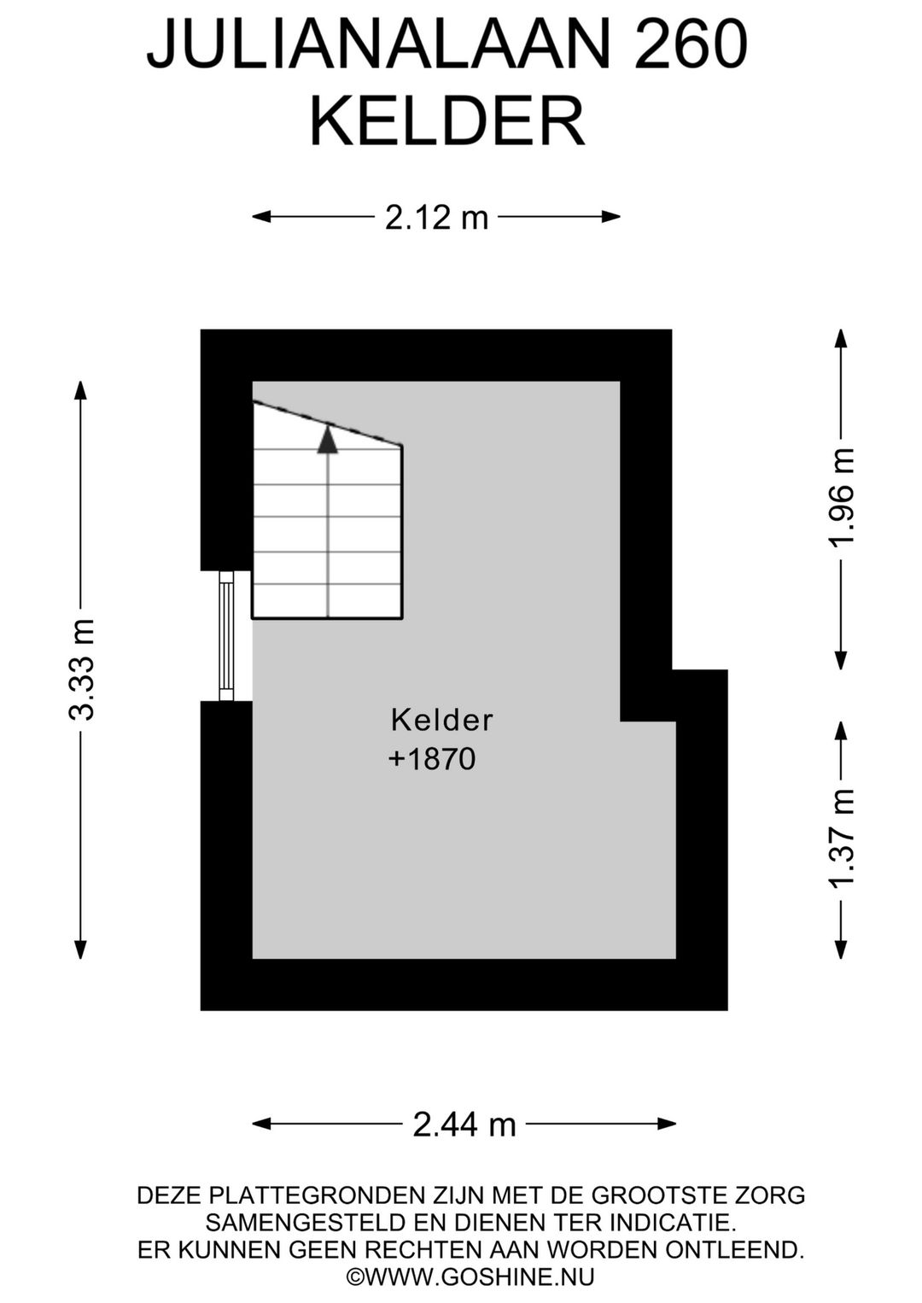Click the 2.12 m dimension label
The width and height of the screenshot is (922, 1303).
coord(436,218)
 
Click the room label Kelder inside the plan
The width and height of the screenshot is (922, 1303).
coord(441,720)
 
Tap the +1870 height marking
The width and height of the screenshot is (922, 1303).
coord(432,759)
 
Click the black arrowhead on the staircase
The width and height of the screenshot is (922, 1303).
coord(328,439)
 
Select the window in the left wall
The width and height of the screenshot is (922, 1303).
coord(226,636)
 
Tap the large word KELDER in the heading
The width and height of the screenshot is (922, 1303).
coord(446,123)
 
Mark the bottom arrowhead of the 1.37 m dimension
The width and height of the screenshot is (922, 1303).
coord(841,949)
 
